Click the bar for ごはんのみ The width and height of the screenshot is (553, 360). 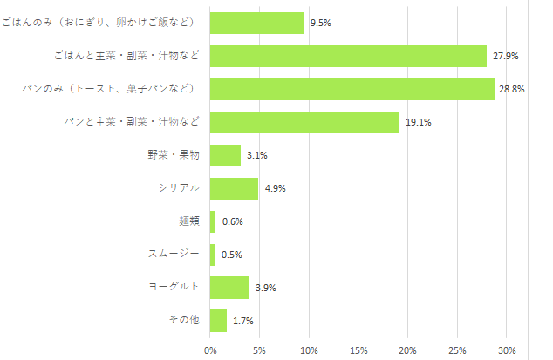coord(257,23)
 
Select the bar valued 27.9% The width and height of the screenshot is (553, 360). coord(348,56)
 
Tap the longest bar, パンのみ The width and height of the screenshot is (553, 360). coord(352,89)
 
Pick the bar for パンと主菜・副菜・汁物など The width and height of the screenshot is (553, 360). coord(304,122)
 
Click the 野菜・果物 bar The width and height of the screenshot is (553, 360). coord(225,155)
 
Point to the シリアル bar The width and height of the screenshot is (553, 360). coord(234,188)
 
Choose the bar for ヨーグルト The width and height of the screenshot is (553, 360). coord(229,288)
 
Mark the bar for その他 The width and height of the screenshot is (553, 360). coord(218,321)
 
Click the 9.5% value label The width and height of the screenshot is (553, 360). coord(321,23)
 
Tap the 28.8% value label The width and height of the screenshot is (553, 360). coord(511,89)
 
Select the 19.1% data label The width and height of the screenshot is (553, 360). coord(418,122)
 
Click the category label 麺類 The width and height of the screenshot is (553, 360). coord(188,221)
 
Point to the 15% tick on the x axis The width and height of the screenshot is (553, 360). coord(358,350)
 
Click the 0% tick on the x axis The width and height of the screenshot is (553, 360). coord(210,350)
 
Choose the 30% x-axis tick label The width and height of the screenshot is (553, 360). coord(507,350)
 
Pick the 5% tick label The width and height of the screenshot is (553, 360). coord(260,350)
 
